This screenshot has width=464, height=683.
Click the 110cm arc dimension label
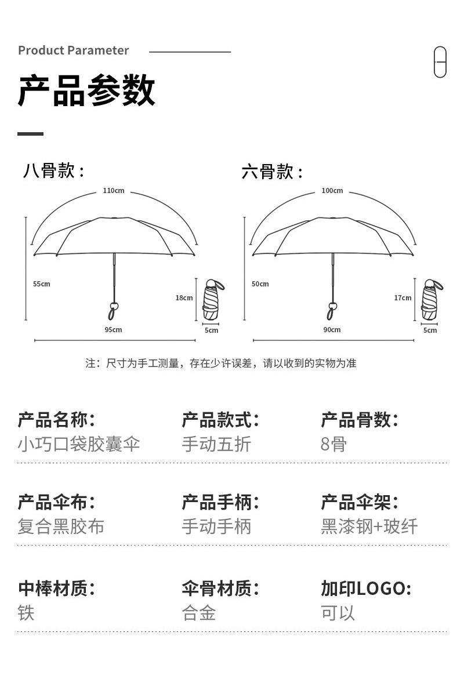tap(114, 191)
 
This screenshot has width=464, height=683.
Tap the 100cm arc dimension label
tap(332, 191)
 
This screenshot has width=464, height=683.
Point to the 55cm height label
tap(42, 284)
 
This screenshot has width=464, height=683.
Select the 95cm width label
tap(113, 330)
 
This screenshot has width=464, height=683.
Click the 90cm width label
tap(332, 330)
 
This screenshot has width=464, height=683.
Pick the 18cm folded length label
tap(184, 298)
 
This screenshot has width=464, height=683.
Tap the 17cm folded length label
tap(403, 298)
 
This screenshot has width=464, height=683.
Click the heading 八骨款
tap(53, 170)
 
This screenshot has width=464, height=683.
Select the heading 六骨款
tap(272, 172)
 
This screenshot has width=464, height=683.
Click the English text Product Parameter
tap(74, 50)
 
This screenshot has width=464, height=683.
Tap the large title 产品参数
tap(86, 90)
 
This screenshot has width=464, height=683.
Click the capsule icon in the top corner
tap(440, 62)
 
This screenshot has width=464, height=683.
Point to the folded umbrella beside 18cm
tap(213, 300)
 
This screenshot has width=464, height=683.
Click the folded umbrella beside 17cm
tap(432, 300)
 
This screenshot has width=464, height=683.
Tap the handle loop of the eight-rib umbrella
tap(113, 311)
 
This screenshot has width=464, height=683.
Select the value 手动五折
tap(216, 444)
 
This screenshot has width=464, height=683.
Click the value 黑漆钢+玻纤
tap(369, 526)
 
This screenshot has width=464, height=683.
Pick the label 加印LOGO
tap(366, 588)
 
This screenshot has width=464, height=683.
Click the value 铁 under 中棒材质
tap(26, 613)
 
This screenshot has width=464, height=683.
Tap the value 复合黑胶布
tap(61, 526)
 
